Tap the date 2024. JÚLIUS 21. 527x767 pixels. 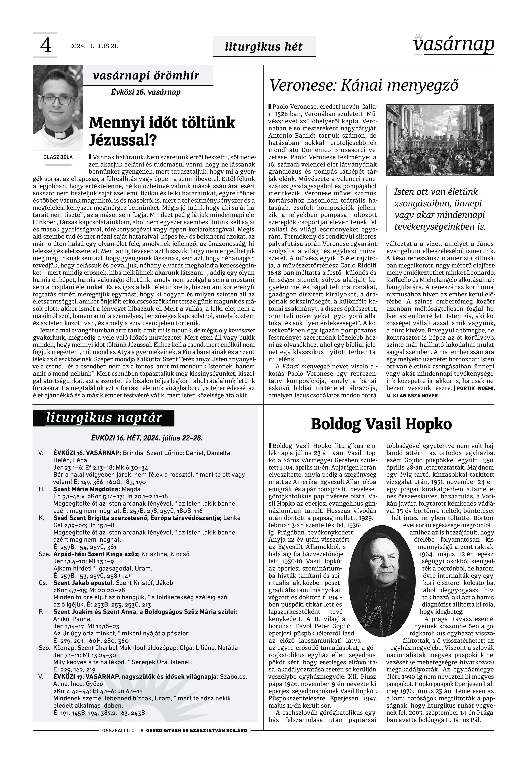coord(94,46)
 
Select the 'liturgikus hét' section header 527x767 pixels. coord(263,47)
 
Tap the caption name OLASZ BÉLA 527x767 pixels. coord(58,157)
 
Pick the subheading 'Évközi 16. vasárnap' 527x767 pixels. coord(146,92)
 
